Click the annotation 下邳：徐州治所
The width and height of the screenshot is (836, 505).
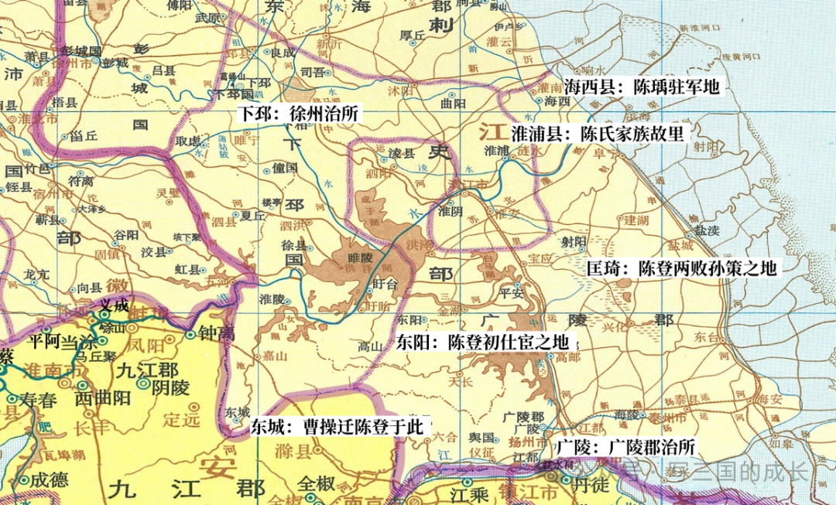(x=299, y=114)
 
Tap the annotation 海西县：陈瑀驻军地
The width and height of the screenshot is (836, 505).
(x=642, y=86)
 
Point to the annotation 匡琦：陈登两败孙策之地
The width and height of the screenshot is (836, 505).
(x=681, y=268)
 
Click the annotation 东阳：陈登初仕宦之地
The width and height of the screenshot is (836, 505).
(x=483, y=341)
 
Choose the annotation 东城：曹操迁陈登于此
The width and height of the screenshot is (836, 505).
(x=337, y=428)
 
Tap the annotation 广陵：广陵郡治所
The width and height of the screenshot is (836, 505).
(x=626, y=447)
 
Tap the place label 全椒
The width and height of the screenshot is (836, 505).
(x=319, y=483)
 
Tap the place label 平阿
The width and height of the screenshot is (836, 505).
(x=43, y=340)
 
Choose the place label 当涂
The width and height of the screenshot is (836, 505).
(x=82, y=340)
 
